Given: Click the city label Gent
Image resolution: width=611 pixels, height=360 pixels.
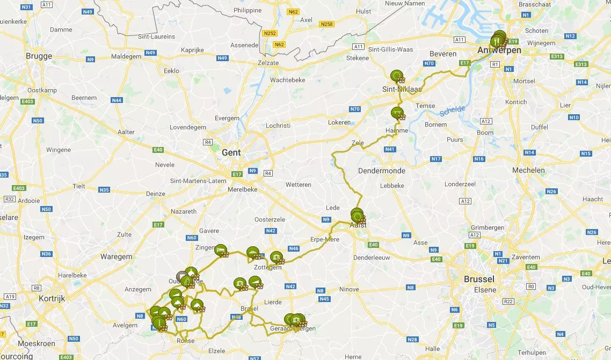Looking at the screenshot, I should [231, 152].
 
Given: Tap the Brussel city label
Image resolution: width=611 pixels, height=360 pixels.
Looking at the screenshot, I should [479, 279].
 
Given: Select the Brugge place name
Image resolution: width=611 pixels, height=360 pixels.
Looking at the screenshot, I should [39, 56].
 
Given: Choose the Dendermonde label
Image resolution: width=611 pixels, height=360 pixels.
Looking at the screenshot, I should [382, 171].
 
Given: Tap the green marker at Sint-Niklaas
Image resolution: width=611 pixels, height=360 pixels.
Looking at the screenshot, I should [397, 76].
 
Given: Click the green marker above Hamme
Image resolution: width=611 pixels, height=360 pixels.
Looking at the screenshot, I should [396, 112].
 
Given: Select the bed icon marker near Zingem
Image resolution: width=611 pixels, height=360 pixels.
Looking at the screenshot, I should [221, 249].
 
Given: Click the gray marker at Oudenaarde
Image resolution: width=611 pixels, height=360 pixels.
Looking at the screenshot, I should [181, 276].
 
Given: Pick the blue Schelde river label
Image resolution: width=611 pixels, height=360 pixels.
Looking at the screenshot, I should [452, 111].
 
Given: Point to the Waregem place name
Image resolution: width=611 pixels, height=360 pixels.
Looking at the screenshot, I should [116, 256].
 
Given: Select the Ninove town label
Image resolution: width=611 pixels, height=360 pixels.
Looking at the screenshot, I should [349, 289].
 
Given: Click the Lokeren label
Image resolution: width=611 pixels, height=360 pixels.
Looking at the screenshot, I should [339, 122].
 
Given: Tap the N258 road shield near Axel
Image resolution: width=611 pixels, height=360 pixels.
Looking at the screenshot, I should [326, 24].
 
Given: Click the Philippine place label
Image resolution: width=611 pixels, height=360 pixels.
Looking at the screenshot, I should [248, 10].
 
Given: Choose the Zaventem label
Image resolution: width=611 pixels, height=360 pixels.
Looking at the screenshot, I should [526, 257].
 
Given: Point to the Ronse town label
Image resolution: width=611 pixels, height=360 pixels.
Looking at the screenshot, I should [185, 340].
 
